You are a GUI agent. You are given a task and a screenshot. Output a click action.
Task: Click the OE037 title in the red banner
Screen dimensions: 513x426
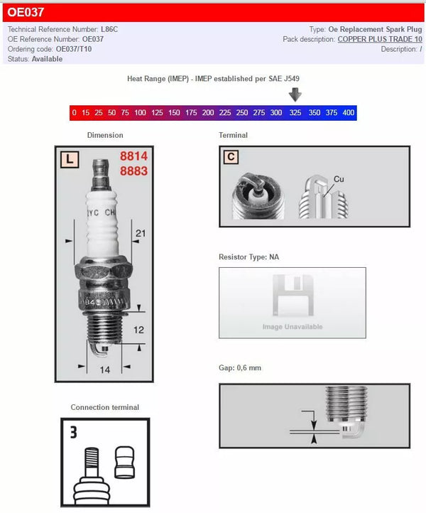click(26, 12)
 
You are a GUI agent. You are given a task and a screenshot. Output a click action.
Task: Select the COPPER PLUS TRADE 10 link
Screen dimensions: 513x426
click(380, 40)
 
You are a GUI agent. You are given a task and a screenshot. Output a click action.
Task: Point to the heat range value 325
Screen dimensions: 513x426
click(295, 113)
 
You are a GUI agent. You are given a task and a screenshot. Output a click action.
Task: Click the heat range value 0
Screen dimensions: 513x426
click(74, 113)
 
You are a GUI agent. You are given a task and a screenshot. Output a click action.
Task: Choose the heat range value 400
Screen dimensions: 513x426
click(348, 113)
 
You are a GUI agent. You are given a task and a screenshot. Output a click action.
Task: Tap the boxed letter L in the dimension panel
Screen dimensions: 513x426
click(69, 160)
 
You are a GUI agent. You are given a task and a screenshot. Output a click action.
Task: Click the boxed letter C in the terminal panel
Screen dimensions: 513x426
click(232, 158)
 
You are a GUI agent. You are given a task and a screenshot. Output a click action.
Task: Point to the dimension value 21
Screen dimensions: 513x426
click(140, 233)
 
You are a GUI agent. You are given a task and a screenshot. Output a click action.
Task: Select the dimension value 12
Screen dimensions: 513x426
click(139, 330)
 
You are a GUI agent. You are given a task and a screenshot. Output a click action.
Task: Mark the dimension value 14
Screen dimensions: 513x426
click(104, 369)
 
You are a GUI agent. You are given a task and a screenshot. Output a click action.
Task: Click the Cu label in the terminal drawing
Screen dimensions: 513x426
click(339, 179)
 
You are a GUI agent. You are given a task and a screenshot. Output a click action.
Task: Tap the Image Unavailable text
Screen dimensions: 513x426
click(293, 327)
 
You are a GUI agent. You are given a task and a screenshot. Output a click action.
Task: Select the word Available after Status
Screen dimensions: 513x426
click(47, 60)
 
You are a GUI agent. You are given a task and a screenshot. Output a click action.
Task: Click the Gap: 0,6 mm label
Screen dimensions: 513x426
click(241, 369)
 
